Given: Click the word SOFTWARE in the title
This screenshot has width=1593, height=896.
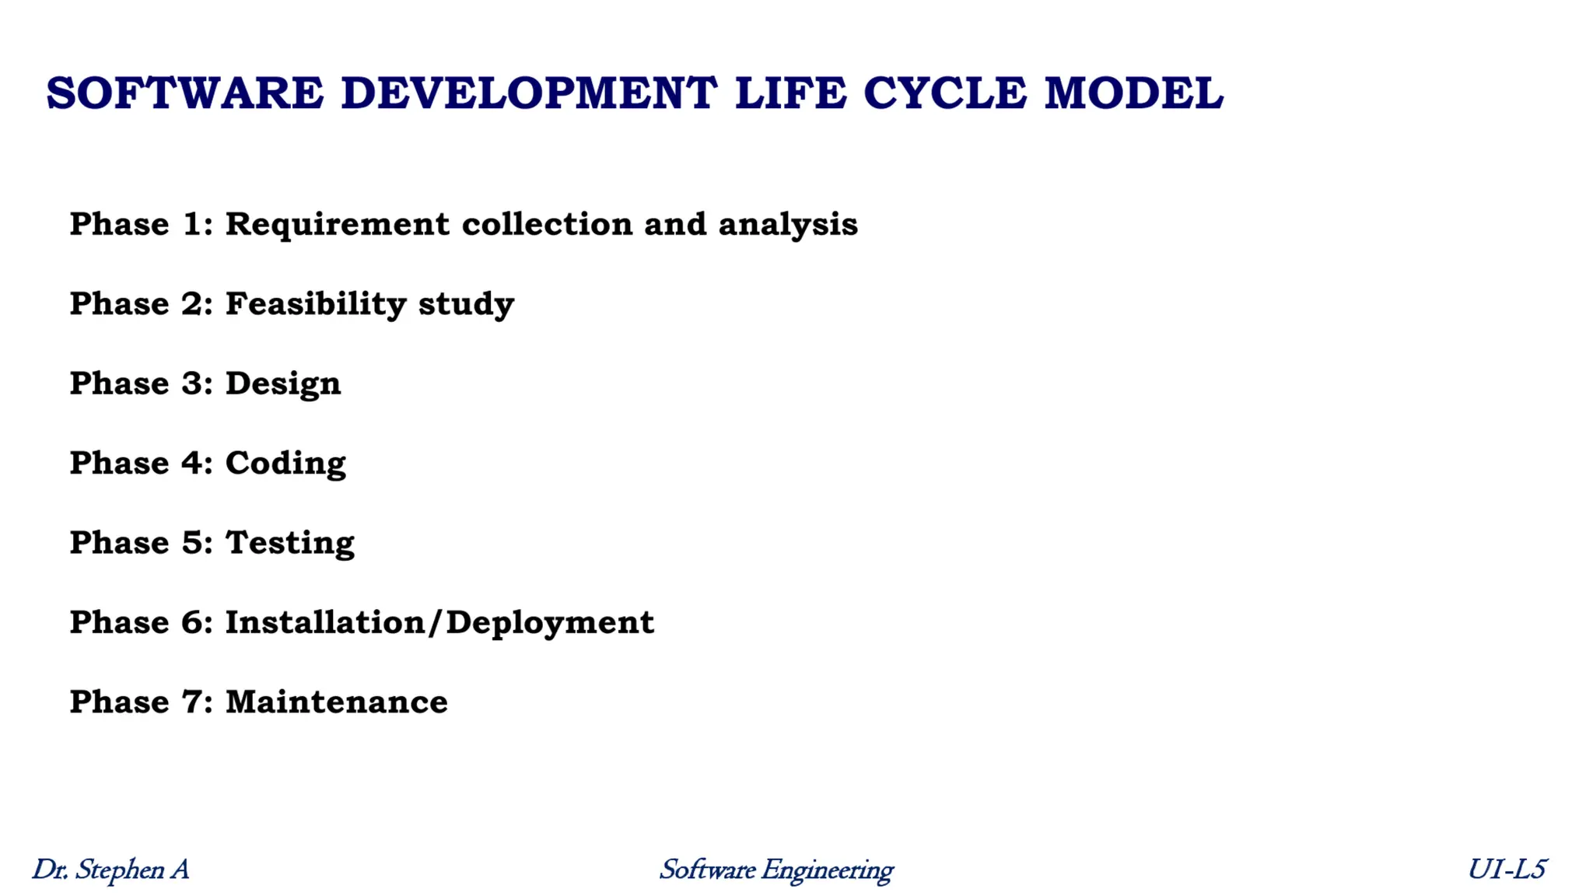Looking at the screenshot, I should [x=185, y=94].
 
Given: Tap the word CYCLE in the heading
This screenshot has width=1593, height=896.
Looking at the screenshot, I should [x=944, y=94].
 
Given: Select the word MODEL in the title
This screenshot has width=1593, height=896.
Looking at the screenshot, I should [x=1133, y=94].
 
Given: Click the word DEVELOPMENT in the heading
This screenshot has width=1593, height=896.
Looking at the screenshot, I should [x=529, y=94].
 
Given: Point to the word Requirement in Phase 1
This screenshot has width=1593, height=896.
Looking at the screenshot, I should [x=337, y=225].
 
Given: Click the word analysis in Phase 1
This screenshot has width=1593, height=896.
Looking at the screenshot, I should [x=787, y=225].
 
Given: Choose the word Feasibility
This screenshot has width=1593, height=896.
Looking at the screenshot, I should [x=316, y=304].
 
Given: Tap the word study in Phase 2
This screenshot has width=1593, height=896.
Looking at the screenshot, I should [x=466, y=304].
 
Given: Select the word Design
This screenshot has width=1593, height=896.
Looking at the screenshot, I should [x=283, y=384].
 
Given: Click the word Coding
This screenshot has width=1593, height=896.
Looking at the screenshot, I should [x=285, y=464].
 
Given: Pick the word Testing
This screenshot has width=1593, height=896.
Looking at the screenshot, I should [x=290, y=544].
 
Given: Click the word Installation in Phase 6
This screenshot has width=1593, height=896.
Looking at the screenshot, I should [x=324, y=623].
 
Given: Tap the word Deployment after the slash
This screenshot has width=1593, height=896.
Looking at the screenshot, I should [x=550, y=623].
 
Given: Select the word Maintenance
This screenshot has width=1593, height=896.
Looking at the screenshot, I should [x=336, y=702].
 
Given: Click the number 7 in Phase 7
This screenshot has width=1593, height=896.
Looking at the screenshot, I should [x=192, y=702].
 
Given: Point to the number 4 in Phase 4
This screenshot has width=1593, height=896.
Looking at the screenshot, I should [x=192, y=464].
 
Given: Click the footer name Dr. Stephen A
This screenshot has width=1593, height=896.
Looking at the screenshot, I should [x=110, y=870].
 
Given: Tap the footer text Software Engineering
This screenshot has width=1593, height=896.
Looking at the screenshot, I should [x=775, y=870].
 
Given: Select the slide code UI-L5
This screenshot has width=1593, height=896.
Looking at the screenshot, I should [x=1507, y=870].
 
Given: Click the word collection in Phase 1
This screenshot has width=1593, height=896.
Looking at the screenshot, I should [x=547, y=225].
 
